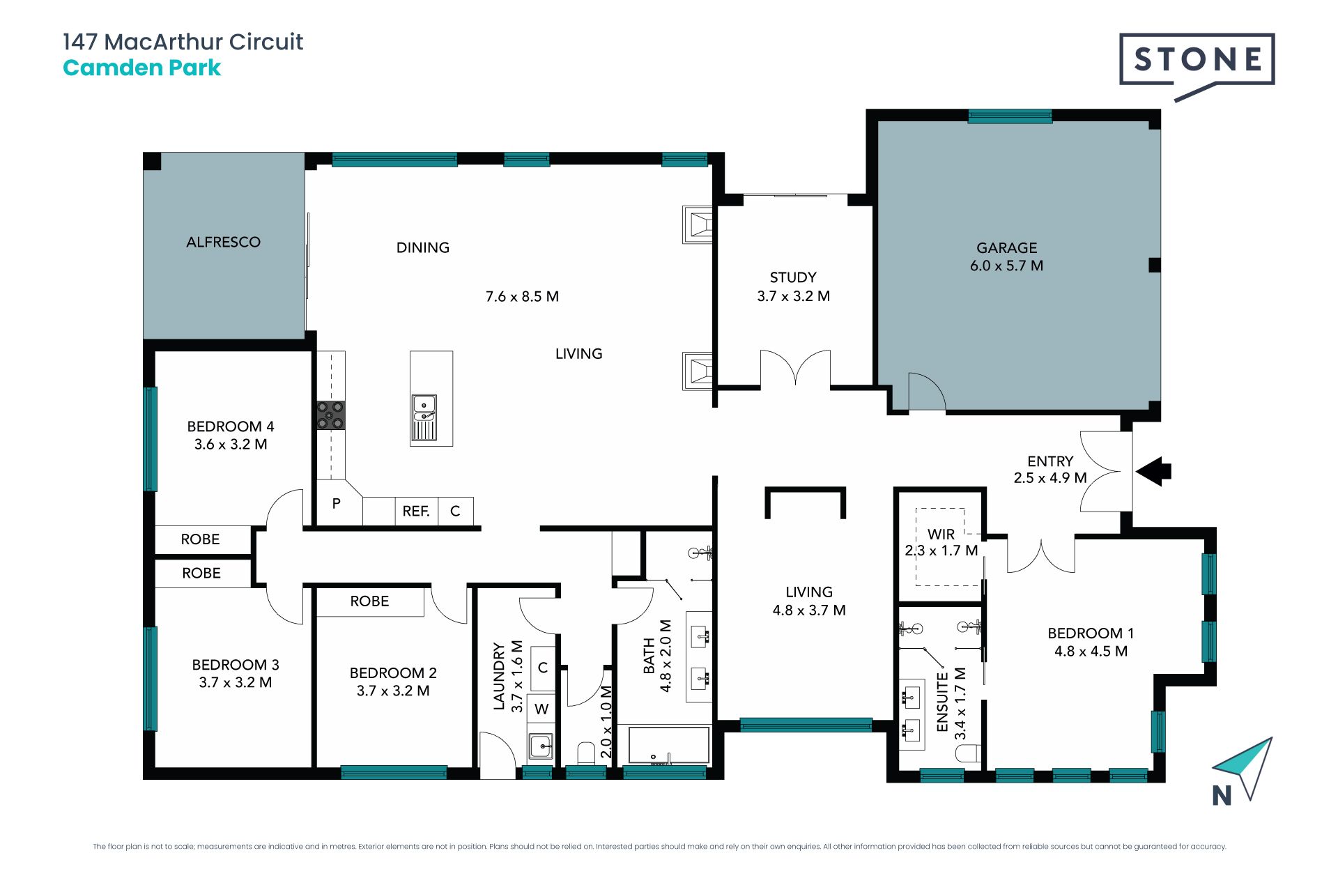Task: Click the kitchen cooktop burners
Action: pyautogui.click(x=331, y=415)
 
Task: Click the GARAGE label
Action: pyautogui.click(x=1006, y=248)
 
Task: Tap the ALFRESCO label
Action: pyautogui.click(x=223, y=243)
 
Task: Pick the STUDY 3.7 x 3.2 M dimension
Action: pyautogui.click(x=793, y=296)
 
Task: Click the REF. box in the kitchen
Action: pyautogui.click(x=417, y=511)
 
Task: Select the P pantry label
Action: pyautogui.click(x=337, y=503)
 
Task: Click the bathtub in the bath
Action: pyautogui.click(x=669, y=746)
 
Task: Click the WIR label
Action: pyautogui.click(x=941, y=535)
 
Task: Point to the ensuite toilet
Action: pyautogui.click(x=969, y=753)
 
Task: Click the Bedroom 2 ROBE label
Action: pyautogui.click(x=369, y=601)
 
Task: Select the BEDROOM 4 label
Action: pyautogui.click(x=231, y=426)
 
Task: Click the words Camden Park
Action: pyautogui.click(x=141, y=68)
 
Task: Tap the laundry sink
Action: pyautogui.click(x=541, y=746)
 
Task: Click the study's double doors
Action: pyautogui.click(x=795, y=367)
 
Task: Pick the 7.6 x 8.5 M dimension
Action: pyautogui.click(x=522, y=297)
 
